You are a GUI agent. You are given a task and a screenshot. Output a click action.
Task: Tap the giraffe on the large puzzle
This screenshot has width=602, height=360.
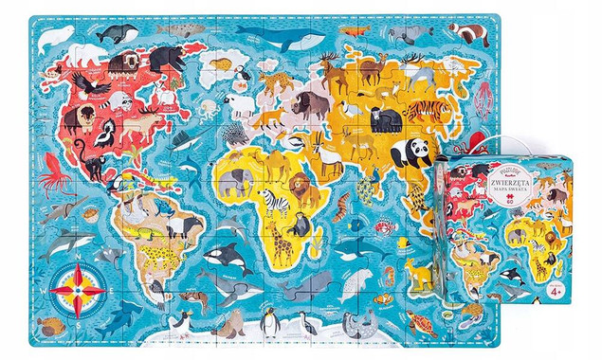(x=282, y=244)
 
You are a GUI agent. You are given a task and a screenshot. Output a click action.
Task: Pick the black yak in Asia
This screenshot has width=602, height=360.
(x=385, y=118)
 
